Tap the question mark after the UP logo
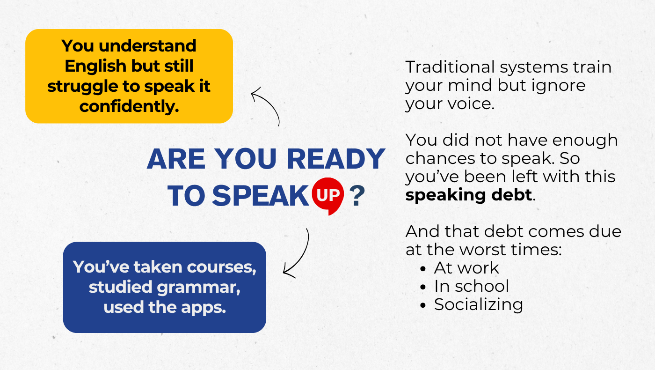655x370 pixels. pos(357,196)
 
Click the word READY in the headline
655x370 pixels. pos(336,159)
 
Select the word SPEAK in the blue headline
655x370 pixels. pos(260,196)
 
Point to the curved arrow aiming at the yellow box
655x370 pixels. pos(270,103)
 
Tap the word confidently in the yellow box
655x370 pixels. pos(129,106)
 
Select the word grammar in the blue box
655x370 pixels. pos(198,288)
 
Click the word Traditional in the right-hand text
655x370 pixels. pos(450,67)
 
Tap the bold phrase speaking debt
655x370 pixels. pos(469,195)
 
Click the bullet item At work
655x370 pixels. pos(466,268)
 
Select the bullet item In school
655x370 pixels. pos(472,286)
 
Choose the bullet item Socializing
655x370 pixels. pos(478,305)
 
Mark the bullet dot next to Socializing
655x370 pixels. pos(423,305)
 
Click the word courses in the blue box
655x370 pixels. pos(221,267)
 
